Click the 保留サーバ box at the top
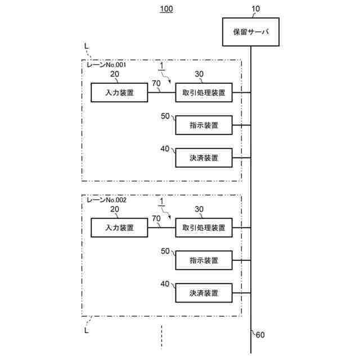tap(251, 33)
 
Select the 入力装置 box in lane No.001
tap(119, 93)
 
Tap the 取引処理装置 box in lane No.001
tap(204, 93)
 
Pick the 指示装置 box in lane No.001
tap(204, 125)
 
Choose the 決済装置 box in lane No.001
tap(204, 158)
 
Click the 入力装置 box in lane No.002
tap(119, 228)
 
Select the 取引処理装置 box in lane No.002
tap(204, 228)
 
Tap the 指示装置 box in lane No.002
tap(204, 260)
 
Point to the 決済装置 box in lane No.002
tap(204, 293)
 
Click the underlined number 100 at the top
tap(166, 9)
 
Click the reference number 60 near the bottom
tap(260, 336)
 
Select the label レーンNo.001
tap(106, 65)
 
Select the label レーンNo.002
tap(106, 200)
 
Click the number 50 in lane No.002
tap(165, 251)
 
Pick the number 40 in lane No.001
tap(165, 148)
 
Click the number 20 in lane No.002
tap(115, 209)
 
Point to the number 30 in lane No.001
tap(199, 74)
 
